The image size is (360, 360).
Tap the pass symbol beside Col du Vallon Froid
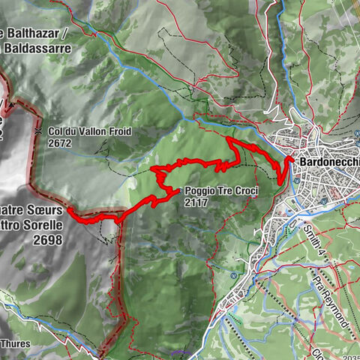point(37,130)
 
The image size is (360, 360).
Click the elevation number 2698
point(46,241)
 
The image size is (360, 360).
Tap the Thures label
point(16,343)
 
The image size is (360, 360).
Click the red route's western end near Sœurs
point(70,211)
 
